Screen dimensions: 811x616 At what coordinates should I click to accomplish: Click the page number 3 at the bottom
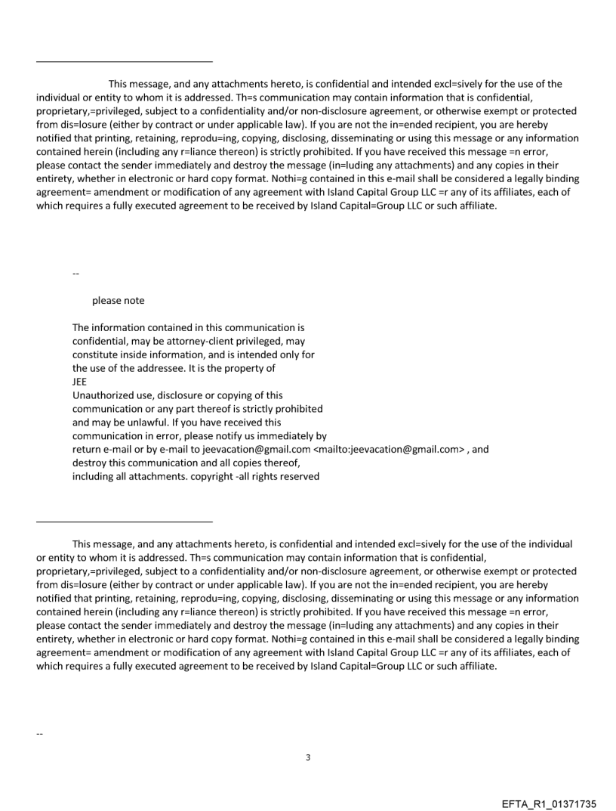[x=308, y=757]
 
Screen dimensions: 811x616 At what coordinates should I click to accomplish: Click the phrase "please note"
[x=118, y=300]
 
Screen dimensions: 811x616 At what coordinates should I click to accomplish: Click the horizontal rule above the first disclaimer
[x=125, y=60]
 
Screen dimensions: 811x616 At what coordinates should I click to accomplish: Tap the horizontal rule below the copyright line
[x=125, y=521]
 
